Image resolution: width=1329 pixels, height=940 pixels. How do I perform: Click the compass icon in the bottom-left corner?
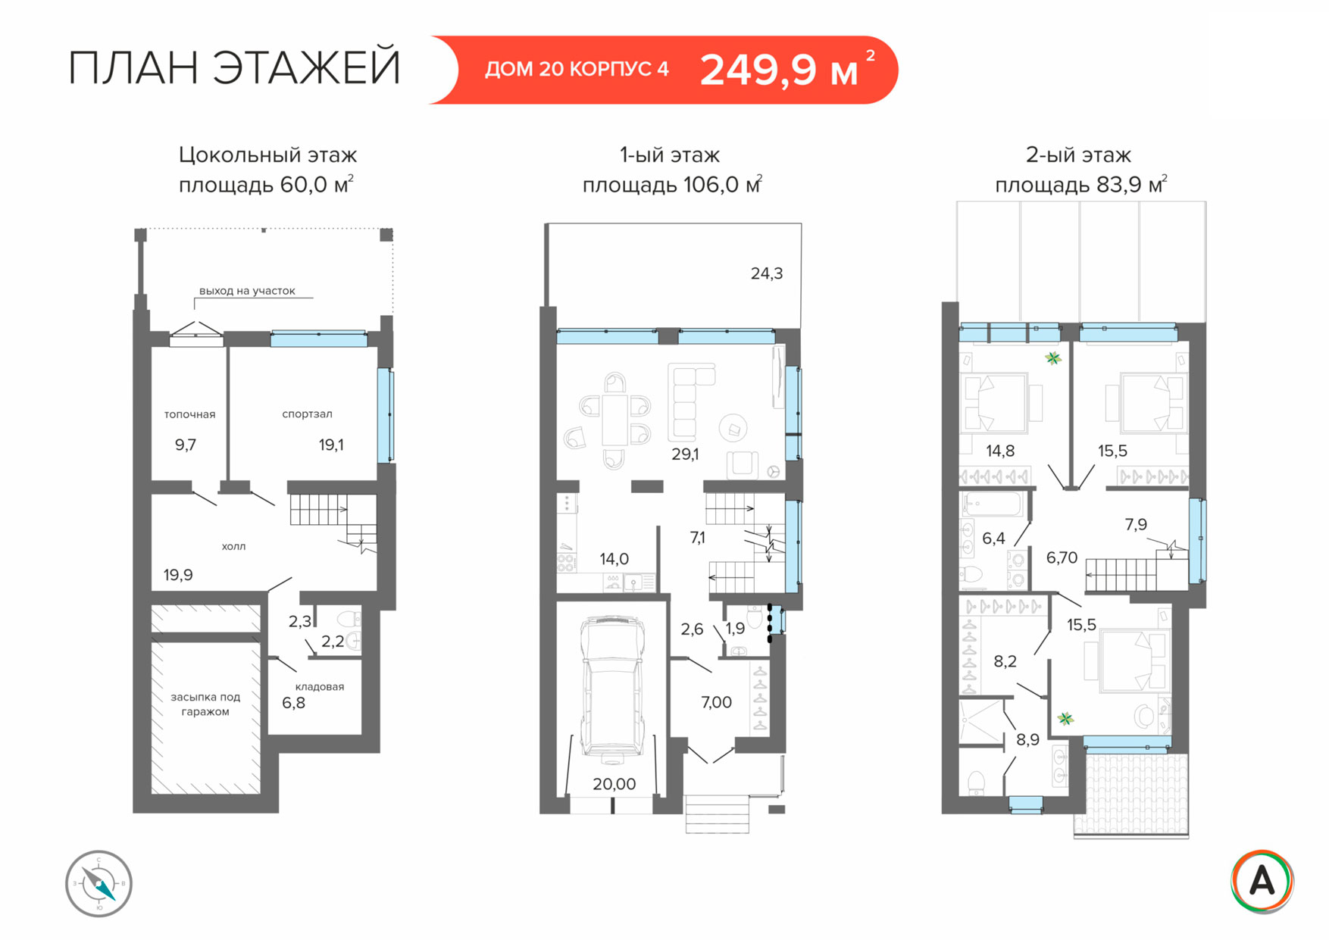pyautogui.click(x=99, y=883)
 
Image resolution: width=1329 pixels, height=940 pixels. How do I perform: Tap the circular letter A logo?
pyautogui.click(x=1262, y=882)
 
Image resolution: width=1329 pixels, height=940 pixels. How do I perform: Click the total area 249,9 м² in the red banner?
pyautogui.click(x=787, y=70)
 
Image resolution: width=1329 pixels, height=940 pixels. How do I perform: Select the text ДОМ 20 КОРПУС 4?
pyautogui.click(x=577, y=70)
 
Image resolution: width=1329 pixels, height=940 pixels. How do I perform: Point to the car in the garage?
pyautogui.click(x=612, y=688)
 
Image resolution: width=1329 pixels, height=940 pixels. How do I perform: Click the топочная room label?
pyautogui.click(x=190, y=414)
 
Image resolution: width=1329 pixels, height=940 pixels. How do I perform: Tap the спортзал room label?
pyautogui.click(x=307, y=414)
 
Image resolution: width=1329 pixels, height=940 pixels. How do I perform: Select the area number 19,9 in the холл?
pyautogui.click(x=178, y=575)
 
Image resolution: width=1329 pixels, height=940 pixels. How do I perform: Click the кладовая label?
pyautogui.click(x=320, y=686)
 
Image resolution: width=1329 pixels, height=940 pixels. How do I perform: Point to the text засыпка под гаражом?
pyautogui.click(x=205, y=704)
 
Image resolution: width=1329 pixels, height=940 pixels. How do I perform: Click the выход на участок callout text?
pyautogui.click(x=247, y=291)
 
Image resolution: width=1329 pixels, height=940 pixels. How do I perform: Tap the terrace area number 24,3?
pyautogui.click(x=767, y=273)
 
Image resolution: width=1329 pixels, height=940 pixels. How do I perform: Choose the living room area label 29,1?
pyautogui.click(x=685, y=454)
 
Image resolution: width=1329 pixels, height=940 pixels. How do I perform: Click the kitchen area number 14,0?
pyautogui.click(x=614, y=559)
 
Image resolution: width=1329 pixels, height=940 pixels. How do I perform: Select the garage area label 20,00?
pyautogui.click(x=614, y=784)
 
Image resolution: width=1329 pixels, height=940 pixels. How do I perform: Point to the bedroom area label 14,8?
pyautogui.click(x=1000, y=451)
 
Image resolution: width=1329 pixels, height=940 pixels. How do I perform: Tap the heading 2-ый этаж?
pyautogui.click(x=1078, y=155)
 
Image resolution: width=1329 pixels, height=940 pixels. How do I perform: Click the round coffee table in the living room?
pyautogui.click(x=733, y=428)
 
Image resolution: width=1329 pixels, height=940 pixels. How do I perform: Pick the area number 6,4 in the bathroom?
pyautogui.click(x=993, y=539)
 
